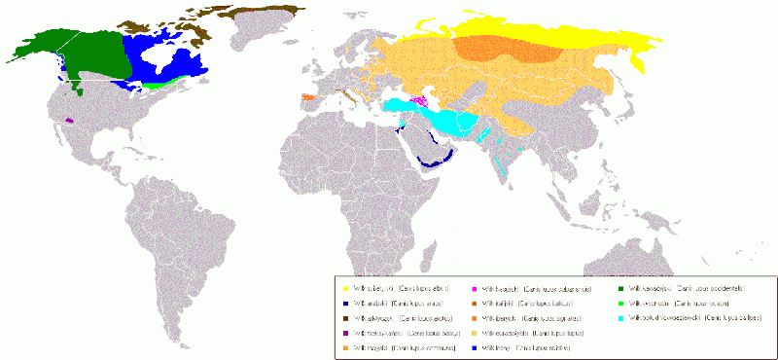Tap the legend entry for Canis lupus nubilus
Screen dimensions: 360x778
click(530, 347)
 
